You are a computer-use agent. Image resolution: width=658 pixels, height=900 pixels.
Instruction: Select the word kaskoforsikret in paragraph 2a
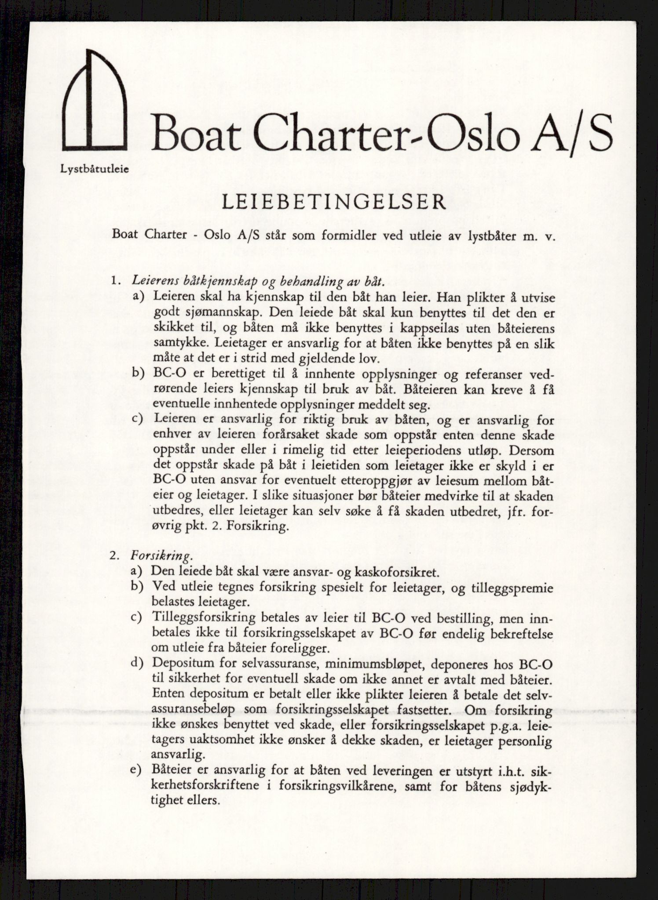(395, 572)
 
